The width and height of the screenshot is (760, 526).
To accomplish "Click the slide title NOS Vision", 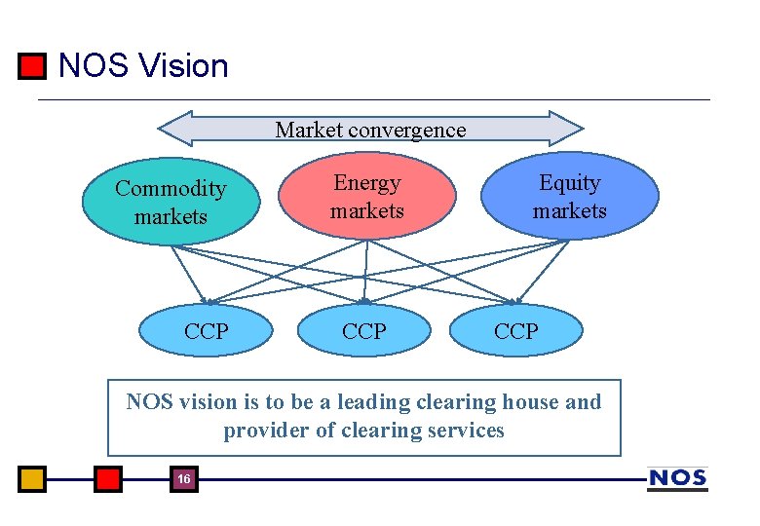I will point(143,66).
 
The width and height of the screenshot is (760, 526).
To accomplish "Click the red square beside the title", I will point(32,66).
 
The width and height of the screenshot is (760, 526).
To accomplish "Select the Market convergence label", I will point(370,130).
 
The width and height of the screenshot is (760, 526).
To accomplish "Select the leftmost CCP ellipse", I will point(207,331).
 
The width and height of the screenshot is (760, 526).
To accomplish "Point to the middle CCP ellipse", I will point(364,331).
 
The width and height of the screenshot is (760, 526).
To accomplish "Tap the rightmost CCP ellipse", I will point(515,331).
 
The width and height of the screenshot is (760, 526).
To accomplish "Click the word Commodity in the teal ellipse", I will point(171,189).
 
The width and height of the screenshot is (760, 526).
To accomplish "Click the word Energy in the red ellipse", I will point(366,183).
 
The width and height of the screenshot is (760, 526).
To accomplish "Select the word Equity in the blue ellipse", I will point(570,183).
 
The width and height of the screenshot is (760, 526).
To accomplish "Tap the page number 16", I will point(183,479).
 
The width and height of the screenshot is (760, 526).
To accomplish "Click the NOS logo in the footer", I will point(677,478).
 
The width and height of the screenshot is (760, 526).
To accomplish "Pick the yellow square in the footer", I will point(32,479).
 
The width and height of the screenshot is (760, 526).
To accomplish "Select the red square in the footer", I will point(108,479).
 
